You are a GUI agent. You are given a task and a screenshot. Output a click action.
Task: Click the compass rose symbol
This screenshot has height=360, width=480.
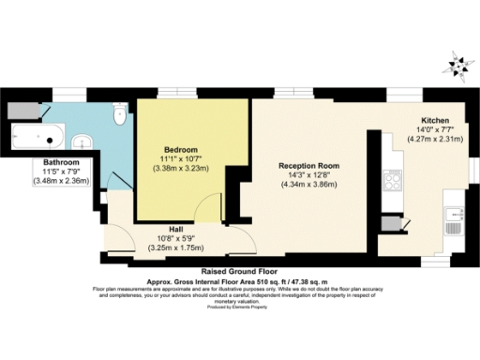[x=458, y=64]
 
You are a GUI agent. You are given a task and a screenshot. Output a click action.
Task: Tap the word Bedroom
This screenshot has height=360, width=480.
[x=180, y=150]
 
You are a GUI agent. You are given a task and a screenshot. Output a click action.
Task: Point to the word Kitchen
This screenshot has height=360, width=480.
[x=436, y=121]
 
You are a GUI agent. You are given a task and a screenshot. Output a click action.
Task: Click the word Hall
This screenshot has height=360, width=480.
[x=175, y=227]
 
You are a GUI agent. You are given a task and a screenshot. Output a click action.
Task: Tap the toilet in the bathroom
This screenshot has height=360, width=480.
[x=117, y=115]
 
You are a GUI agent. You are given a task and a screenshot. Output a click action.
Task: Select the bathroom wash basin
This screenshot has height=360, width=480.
[x=82, y=142]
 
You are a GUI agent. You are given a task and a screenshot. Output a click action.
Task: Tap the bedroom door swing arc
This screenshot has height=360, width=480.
[x=208, y=211]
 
